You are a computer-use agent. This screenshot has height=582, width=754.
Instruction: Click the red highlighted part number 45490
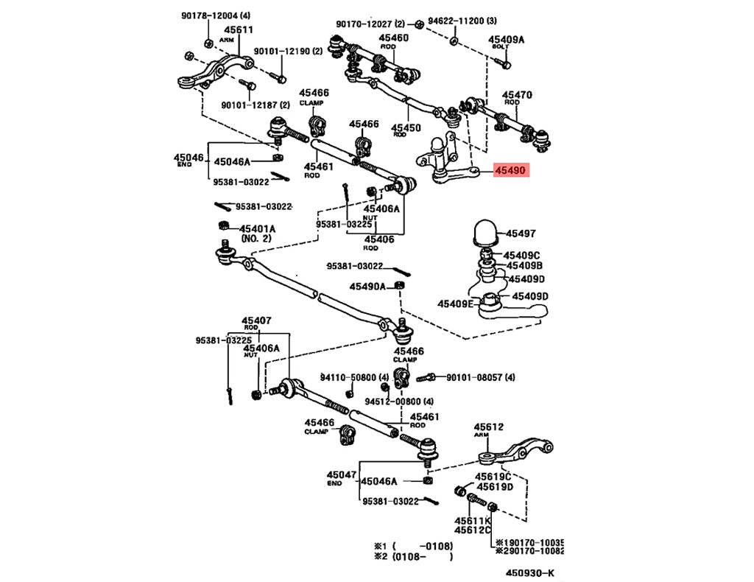click(x=510, y=171)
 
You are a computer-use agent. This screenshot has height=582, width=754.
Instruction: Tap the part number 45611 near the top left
click(x=239, y=30)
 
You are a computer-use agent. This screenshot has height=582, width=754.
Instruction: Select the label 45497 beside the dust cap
click(x=521, y=234)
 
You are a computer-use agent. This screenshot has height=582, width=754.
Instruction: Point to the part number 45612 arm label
click(x=488, y=427)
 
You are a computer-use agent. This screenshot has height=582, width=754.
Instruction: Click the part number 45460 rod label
click(x=394, y=38)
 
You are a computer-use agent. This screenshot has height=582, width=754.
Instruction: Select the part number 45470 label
click(x=517, y=95)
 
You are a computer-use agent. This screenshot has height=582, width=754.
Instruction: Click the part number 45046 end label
click(x=188, y=158)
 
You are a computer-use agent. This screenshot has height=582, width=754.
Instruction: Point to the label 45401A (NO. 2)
click(x=256, y=228)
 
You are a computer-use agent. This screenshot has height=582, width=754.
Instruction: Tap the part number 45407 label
click(x=256, y=321)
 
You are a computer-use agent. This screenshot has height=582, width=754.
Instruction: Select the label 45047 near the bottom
click(x=342, y=475)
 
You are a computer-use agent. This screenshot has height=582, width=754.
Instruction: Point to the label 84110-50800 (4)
click(x=348, y=377)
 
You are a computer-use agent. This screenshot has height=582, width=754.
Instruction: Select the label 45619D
click(x=495, y=486)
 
